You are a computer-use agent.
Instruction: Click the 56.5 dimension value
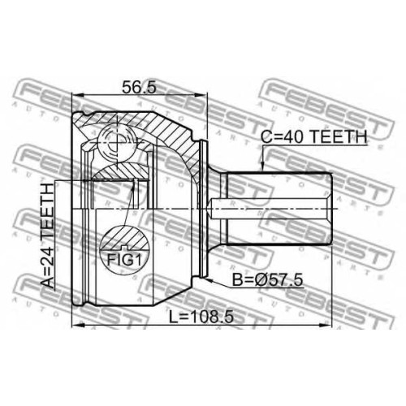click(139, 87)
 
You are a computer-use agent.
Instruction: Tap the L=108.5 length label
click(201, 317)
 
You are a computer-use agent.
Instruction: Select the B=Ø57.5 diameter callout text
click(267, 279)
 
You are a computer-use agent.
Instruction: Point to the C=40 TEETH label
click(314, 136)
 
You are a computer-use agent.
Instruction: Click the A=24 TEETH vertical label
click(47, 235)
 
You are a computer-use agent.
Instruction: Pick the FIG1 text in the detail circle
click(124, 260)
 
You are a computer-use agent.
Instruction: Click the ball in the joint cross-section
click(117, 141)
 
